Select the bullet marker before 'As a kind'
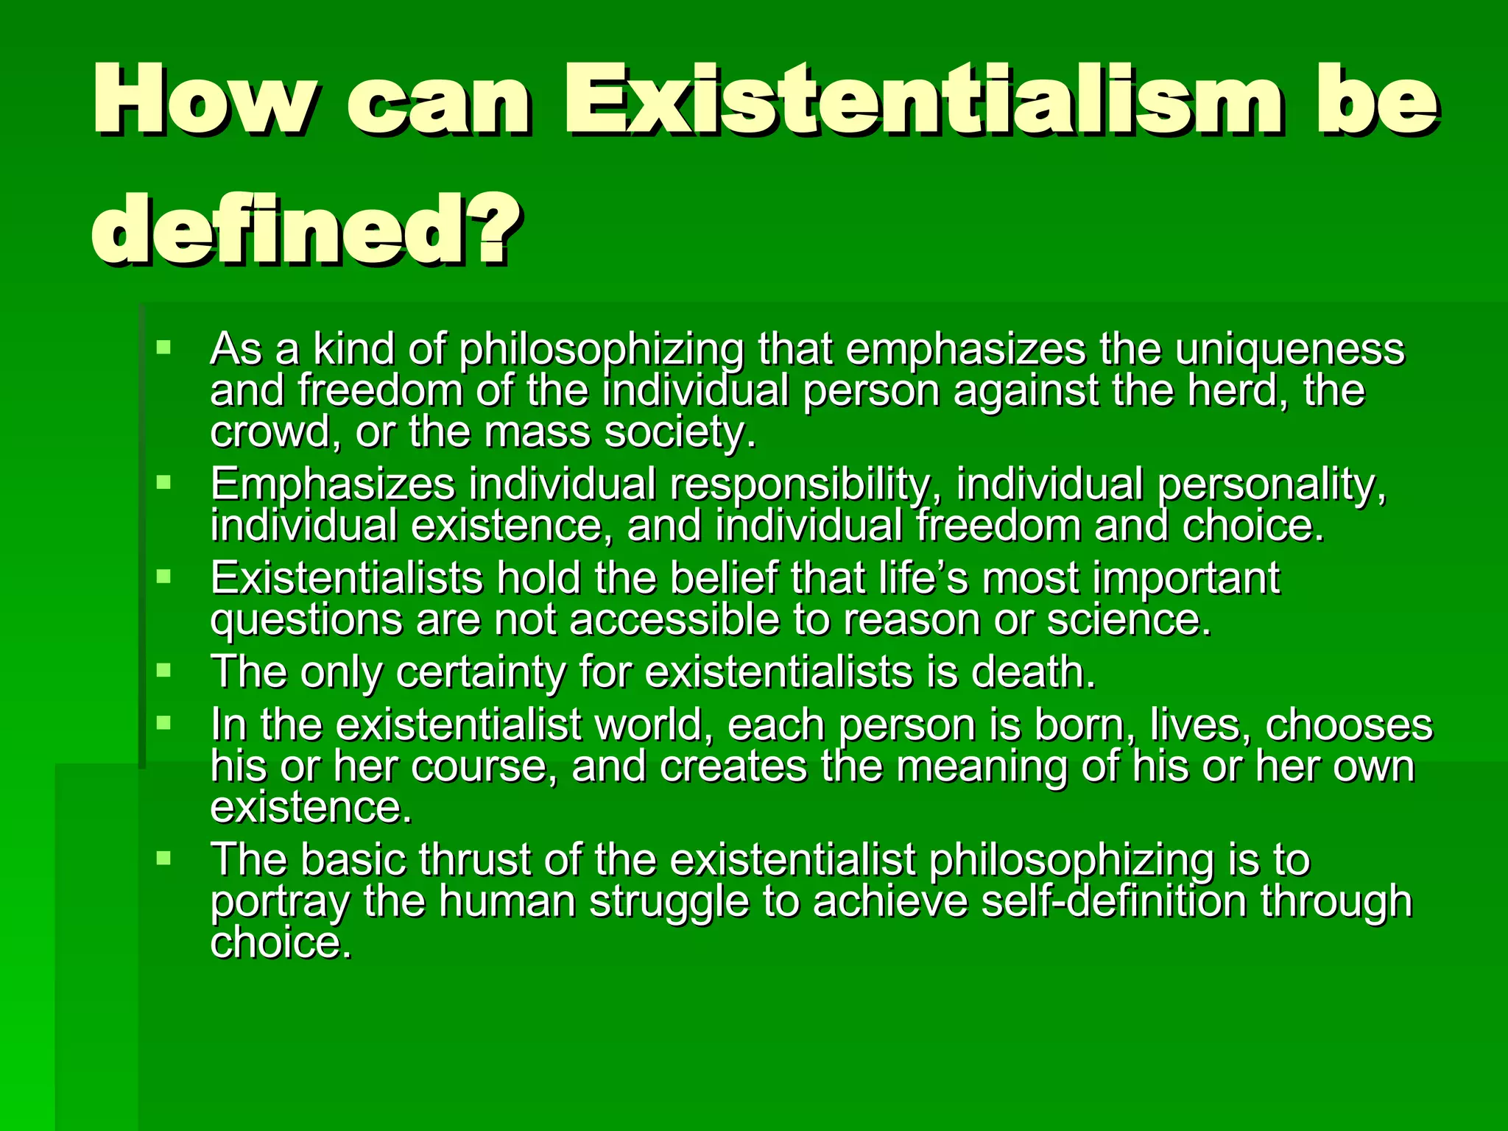[x=163, y=347]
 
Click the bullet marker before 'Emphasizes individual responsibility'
[x=163, y=483]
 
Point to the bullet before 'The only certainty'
[x=163, y=670]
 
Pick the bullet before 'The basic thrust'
[x=163, y=858]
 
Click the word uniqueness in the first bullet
[x=1289, y=350]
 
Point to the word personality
[x=1270, y=486]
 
